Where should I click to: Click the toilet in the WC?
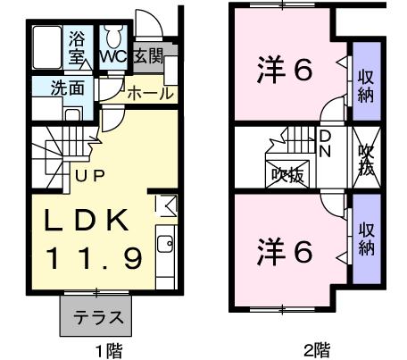click(112, 36)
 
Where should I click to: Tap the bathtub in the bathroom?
click(47, 47)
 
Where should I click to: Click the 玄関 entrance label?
click(148, 55)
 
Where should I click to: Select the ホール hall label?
click(150, 93)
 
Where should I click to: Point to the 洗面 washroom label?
click(68, 88)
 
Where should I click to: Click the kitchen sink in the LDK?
click(165, 244)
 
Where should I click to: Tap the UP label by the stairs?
click(89, 176)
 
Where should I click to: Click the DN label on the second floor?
click(325, 144)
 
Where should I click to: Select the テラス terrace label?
click(98, 317)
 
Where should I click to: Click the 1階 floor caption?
click(109, 350)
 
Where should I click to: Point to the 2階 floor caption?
click(317, 350)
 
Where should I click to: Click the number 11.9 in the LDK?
click(94, 258)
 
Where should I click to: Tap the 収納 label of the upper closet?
click(366, 87)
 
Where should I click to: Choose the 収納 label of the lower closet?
click(366, 239)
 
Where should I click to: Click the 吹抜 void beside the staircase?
click(287, 175)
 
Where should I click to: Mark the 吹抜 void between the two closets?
click(366, 157)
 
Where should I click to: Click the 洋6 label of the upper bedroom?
click(285, 70)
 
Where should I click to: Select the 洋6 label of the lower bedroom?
click(285, 252)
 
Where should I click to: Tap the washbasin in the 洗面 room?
click(72, 114)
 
